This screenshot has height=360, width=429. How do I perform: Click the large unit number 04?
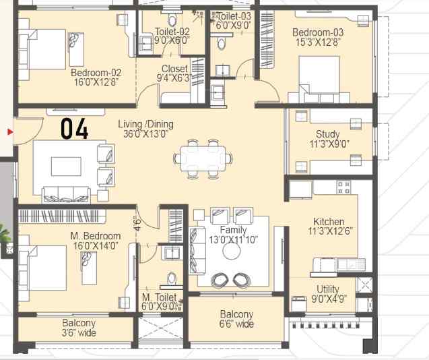(x=75, y=128)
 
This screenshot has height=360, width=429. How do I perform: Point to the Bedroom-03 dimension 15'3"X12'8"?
(x=318, y=43)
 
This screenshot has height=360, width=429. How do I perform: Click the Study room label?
(x=327, y=134)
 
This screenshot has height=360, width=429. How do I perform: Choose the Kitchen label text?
(x=329, y=221)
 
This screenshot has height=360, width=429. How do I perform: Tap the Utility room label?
(x=328, y=289)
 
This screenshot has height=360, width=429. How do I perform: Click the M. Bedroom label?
(x=96, y=236)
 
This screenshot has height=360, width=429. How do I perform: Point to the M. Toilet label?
(x=159, y=297)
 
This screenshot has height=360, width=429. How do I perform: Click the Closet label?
(x=174, y=69)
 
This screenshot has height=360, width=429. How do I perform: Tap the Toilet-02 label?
(x=172, y=31)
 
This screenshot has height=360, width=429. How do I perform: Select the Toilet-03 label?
(x=233, y=16)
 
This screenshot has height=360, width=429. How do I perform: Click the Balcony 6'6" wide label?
(x=236, y=319)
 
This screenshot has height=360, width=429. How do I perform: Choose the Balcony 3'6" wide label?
(x=79, y=328)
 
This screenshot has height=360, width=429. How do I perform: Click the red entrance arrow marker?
(x=9, y=131)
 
